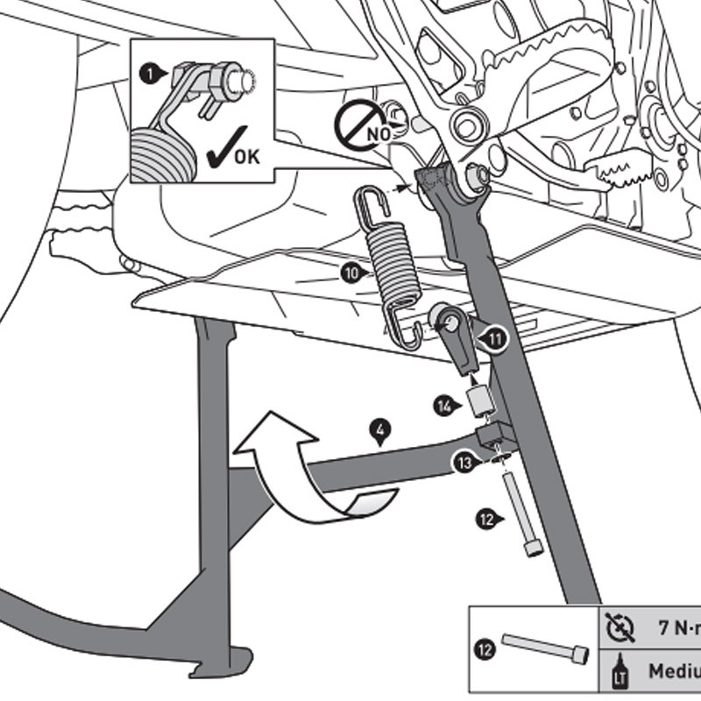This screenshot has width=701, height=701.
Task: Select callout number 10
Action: (x=351, y=273)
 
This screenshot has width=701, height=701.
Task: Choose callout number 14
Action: (x=446, y=406)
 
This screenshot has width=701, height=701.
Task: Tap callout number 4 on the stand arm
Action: (x=379, y=431)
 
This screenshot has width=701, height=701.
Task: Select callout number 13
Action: (x=464, y=463)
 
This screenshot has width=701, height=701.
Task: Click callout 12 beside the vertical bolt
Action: (x=488, y=518)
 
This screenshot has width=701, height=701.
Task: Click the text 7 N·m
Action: (x=678, y=627)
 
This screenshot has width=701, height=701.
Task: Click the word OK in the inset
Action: (x=247, y=159)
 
